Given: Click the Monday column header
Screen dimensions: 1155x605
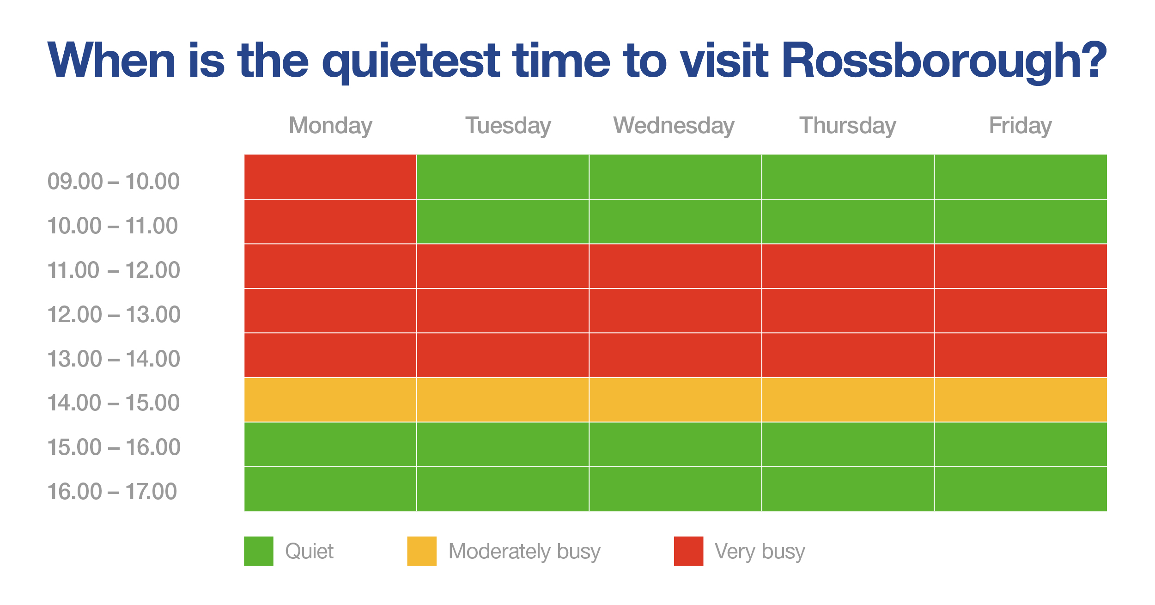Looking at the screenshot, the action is click(330, 126).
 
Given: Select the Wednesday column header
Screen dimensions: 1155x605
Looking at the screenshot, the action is click(674, 126).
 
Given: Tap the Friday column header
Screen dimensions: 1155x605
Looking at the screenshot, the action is click(1020, 126).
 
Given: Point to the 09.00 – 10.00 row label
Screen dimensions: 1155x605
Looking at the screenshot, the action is click(113, 181).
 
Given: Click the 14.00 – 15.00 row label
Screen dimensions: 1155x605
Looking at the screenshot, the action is click(113, 403).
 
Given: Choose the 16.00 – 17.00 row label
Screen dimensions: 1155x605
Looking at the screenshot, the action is click(112, 491).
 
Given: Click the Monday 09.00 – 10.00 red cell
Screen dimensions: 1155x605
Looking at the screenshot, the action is click(330, 177).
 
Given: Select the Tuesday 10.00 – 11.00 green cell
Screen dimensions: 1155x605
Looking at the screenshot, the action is click(503, 221).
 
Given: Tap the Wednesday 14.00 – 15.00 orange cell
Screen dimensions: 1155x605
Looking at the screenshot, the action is click(675, 400).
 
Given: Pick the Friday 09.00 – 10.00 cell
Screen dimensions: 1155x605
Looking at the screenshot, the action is click(1021, 177).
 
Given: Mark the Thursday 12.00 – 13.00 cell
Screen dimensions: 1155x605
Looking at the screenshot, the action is click(848, 311).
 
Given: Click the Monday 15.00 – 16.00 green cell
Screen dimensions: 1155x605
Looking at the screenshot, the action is click(330, 444).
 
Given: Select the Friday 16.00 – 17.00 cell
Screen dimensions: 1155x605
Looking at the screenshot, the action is click(1021, 489).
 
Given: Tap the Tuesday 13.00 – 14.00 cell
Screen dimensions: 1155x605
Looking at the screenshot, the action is click(503, 355).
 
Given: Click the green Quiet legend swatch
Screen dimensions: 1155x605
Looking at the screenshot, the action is click(259, 551).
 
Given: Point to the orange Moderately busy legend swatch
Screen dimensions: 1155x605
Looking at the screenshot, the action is click(422, 551).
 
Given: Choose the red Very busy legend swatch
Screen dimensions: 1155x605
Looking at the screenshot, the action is click(689, 551).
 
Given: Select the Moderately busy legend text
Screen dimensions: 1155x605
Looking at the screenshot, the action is click(524, 551).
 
